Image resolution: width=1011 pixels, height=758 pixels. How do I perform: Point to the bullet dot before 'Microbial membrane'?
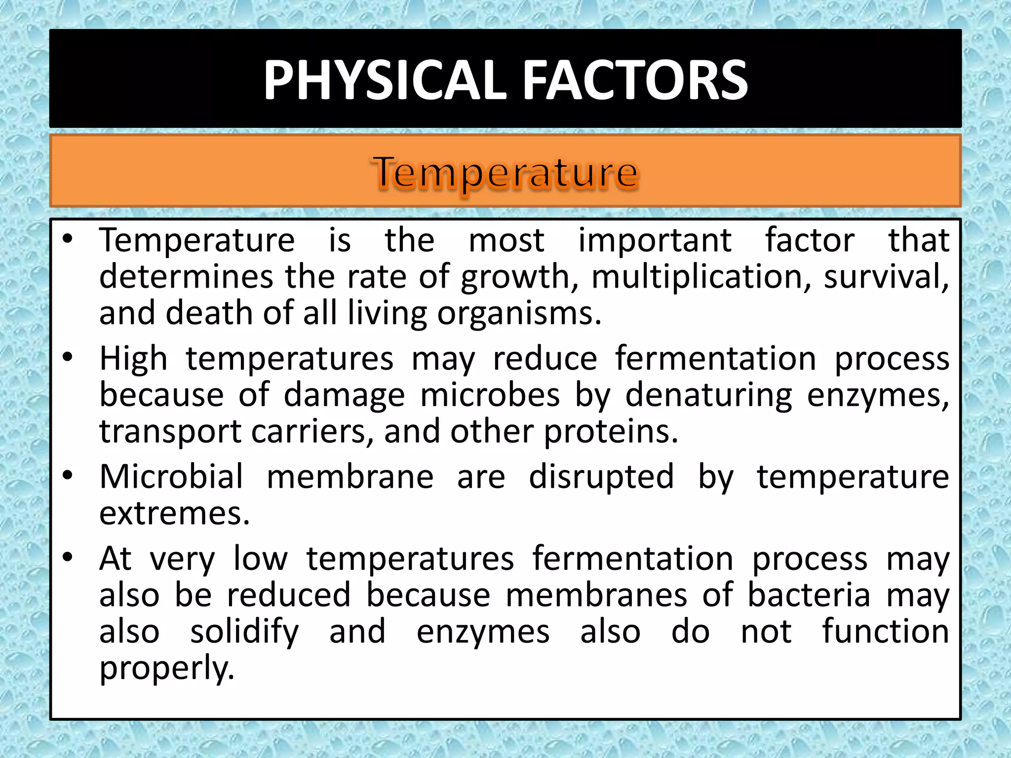(x=68, y=475)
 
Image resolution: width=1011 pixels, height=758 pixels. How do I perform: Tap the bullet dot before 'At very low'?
(x=68, y=557)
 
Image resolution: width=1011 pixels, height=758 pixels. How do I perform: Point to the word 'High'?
(x=133, y=359)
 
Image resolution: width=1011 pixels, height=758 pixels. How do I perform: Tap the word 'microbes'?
(x=490, y=395)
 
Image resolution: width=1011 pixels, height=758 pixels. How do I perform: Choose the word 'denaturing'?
(x=709, y=396)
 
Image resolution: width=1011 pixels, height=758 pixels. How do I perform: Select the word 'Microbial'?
(x=171, y=477)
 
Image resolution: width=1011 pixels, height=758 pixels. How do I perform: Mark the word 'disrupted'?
(x=601, y=478)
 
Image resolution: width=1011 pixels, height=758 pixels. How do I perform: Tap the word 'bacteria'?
(x=809, y=595)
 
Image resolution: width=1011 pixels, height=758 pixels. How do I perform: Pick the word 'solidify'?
(x=245, y=633)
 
